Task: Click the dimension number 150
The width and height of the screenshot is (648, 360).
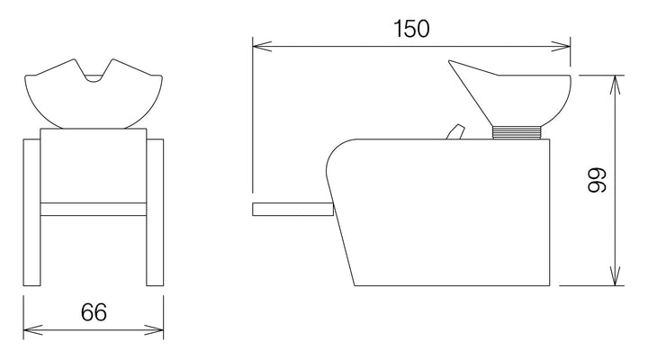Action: pyautogui.click(x=411, y=29)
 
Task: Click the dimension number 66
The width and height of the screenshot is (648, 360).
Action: pyautogui.click(x=94, y=312)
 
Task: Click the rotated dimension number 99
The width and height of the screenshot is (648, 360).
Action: pyautogui.click(x=598, y=180)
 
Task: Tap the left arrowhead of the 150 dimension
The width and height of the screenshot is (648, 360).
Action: pyautogui.click(x=262, y=46)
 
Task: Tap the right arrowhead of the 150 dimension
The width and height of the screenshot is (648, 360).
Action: pyautogui.click(x=561, y=46)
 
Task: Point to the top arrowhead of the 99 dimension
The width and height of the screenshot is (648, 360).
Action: pyautogui.click(x=616, y=85)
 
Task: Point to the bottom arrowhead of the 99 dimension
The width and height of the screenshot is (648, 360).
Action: pyautogui.click(x=616, y=275)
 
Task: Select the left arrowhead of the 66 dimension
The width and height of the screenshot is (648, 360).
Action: pyautogui.click(x=33, y=329)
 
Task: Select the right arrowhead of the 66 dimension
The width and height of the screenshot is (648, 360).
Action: pyautogui.click(x=154, y=329)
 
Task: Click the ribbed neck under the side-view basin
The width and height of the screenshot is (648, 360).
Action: pyautogui.click(x=517, y=132)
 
